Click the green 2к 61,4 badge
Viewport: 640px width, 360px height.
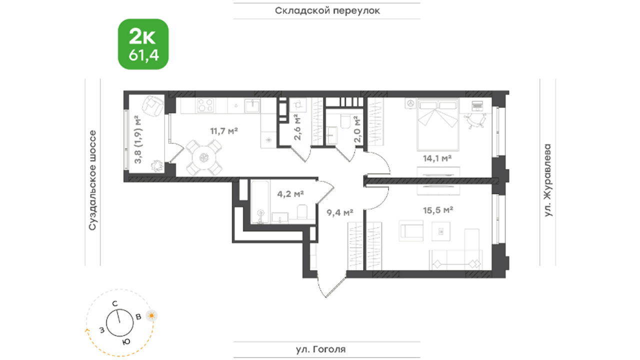click(143, 44)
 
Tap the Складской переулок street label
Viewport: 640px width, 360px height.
click(327, 11)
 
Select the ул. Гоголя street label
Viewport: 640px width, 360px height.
click(321, 349)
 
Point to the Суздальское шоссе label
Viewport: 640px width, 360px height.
click(92, 180)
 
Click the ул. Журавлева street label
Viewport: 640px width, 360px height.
click(547, 180)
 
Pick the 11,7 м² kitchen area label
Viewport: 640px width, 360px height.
click(224, 131)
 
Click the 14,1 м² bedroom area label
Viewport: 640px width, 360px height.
click(437, 158)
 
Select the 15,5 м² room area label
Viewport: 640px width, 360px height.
click(438, 210)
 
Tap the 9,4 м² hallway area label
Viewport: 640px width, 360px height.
click(340, 212)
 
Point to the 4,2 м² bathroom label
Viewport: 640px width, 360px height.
click(290, 194)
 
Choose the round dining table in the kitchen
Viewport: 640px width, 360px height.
click(204, 157)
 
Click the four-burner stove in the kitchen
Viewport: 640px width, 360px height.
click(205, 105)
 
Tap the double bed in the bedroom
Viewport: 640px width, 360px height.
click(437, 124)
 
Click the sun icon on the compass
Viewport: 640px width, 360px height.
click(151, 315)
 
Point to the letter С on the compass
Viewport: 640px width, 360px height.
click(115, 303)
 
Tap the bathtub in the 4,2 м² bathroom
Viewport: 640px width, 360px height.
click(260, 201)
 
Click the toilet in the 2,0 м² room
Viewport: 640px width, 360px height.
click(345, 121)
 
